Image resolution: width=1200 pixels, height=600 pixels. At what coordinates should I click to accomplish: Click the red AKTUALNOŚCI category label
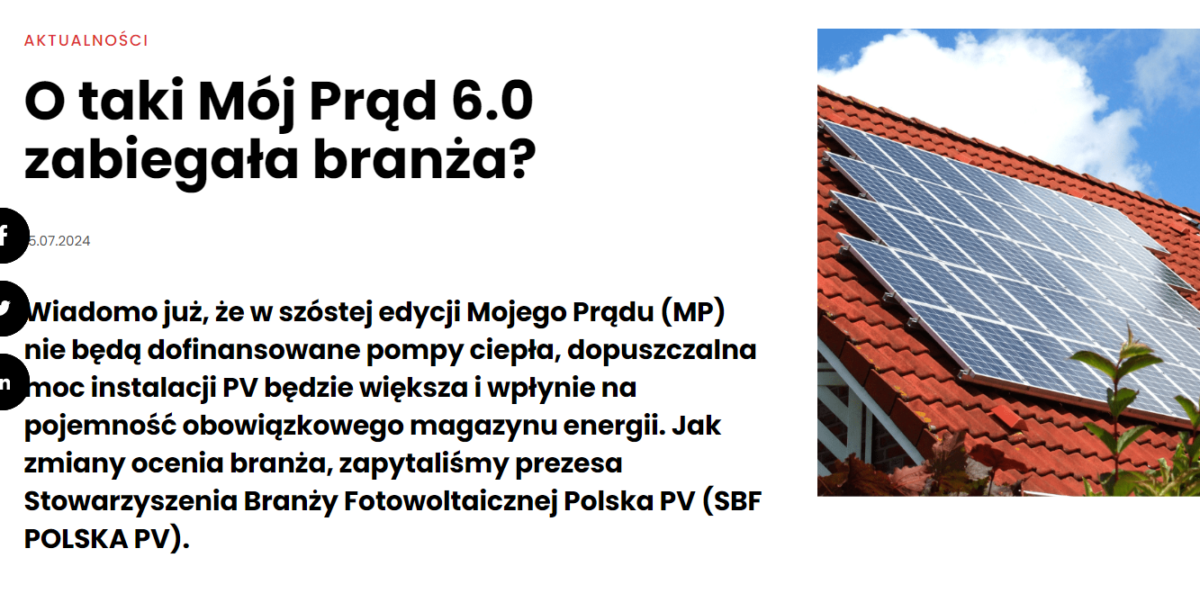tap(86, 40)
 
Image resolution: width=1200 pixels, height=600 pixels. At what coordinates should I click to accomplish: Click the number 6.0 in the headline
tap(492, 101)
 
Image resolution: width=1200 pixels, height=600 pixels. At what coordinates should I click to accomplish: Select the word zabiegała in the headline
tap(161, 160)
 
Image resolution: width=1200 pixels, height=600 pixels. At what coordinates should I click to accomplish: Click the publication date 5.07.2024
tap(59, 241)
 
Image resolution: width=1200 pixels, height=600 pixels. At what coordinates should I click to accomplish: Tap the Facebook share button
tap(8, 236)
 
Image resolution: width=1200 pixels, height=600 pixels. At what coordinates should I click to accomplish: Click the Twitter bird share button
tap(8, 309)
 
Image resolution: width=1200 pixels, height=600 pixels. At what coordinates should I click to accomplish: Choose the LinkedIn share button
tap(8, 382)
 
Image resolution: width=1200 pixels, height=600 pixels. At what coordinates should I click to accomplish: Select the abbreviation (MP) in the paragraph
tap(693, 313)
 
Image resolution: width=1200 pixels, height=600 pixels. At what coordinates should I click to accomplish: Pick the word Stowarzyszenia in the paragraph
tap(131, 502)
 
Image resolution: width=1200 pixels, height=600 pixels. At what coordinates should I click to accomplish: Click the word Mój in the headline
tap(247, 102)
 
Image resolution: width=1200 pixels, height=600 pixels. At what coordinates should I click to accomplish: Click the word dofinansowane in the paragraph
tap(253, 350)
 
